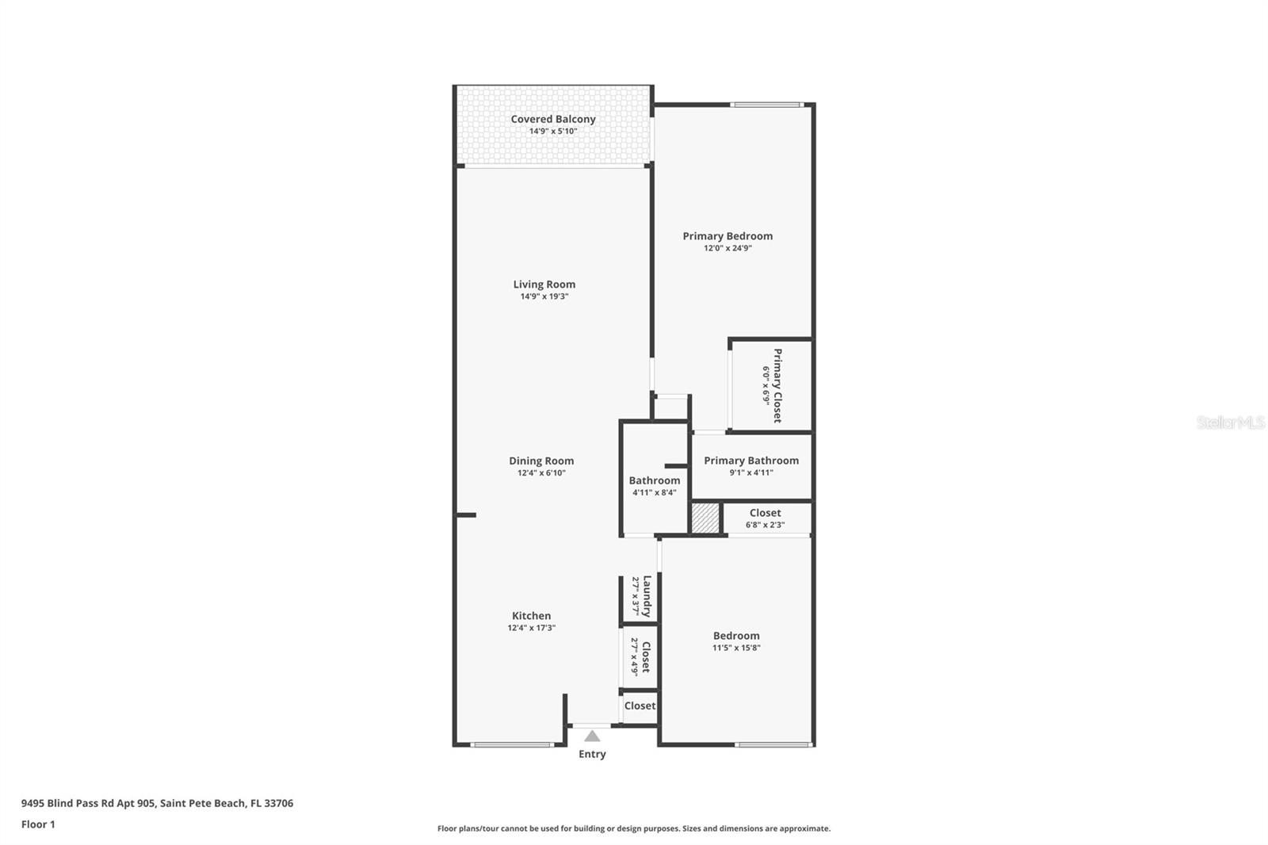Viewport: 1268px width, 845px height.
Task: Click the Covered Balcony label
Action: pyautogui.click(x=552, y=119)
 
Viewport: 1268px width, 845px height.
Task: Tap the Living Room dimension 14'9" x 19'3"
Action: pyautogui.click(x=544, y=296)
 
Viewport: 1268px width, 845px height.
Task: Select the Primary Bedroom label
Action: pyautogui.click(x=728, y=235)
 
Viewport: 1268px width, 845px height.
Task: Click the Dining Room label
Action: pyautogui.click(x=541, y=461)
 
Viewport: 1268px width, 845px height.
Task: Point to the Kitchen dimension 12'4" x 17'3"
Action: pyautogui.click(x=531, y=628)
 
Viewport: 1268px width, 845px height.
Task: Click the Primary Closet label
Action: pyautogui.click(x=777, y=385)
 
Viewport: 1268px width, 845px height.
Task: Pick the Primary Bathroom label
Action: pyautogui.click(x=751, y=461)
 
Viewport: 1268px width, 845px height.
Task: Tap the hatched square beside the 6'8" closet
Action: pyautogui.click(x=705, y=518)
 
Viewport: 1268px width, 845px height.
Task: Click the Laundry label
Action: pyautogui.click(x=647, y=596)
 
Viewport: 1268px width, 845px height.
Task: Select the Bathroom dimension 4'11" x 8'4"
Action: pyautogui.click(x=654, y=492)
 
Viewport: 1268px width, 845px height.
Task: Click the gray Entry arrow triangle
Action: pyautogui.click(x=592, y=736)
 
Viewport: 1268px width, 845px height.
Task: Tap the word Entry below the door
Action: pyautogui.click(x=592, y=754)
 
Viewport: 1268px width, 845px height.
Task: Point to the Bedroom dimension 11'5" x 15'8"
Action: pyautogui.click(x=736, y=648)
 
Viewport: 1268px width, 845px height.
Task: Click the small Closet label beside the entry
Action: pyautogui.click(x=640, y=705)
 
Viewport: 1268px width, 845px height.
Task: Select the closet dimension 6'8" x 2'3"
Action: pyautogui.click(x=765, y=525)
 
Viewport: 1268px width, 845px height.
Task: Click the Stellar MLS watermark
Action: pyautogui.click(x=1230, y=422)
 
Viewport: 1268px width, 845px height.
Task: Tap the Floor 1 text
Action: pyautogui.click(x=38, y=824)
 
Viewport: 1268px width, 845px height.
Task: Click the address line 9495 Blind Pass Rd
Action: pyautogui.click(x=157, y=803)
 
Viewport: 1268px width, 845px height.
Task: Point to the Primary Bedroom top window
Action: pyautogui.click(x=766, y=105)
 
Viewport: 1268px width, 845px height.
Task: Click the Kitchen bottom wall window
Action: pyautogui.click(x=511, y=744)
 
